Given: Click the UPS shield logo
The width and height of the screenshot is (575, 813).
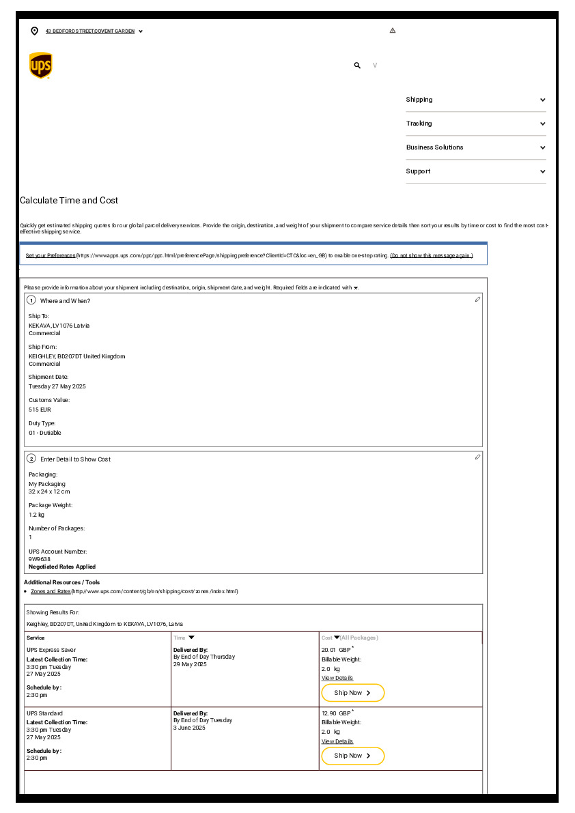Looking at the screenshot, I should pyautogui.click(x=41, y=66).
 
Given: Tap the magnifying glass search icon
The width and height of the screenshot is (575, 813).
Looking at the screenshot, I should pyautogui.click(x=357, y=66).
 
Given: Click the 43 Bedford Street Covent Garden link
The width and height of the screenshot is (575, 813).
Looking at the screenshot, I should pyautogui.click(x=90, y=31).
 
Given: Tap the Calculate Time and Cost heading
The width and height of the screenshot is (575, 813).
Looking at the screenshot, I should pyautogui.click(x=69, y=201).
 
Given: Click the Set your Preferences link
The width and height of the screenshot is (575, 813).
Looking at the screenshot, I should pyautogui.click(x=51, y=255).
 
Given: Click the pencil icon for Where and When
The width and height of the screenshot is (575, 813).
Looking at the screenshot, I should pyautogui.click(x=477, y=300).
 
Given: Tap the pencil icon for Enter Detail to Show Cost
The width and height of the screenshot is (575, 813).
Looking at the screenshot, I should pyautogui.click(x=477, y=457).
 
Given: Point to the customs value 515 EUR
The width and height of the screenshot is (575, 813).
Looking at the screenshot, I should pyautogui.click(x=40, y=410).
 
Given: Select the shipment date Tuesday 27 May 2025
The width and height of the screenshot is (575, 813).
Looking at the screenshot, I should pyautogui.click(x=57, y=386).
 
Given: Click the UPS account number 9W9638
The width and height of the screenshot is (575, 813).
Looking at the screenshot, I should pyautogui.click(x=40, y=559).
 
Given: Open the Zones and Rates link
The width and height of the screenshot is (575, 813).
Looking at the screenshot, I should pyautogui.click(x=51, y=591).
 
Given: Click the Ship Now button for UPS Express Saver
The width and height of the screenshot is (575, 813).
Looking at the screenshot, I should pyautogui.click(x=352, y=693).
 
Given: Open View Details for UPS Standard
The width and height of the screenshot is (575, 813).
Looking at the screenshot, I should pyautogui.click(x=337, y=741).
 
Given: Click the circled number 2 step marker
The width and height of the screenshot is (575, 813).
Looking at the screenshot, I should pyautogui.click(x=31, y=458).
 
